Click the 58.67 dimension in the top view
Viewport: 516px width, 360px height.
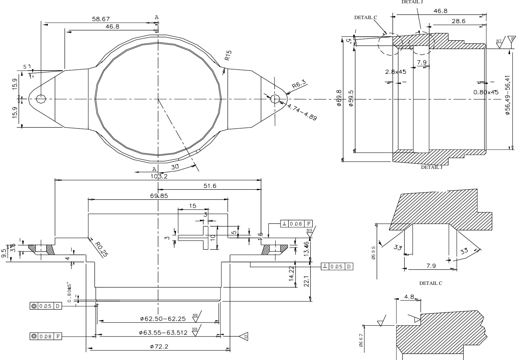101,19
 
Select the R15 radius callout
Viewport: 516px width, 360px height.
228,55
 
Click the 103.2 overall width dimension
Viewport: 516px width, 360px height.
159,176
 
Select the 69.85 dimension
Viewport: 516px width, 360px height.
159,196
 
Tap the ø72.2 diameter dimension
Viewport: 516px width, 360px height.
159,347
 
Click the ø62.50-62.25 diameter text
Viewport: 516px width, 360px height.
163,319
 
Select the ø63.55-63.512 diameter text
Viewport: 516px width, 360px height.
163,332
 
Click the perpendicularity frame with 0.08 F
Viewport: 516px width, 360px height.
296,224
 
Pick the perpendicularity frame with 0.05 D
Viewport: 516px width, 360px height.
337,266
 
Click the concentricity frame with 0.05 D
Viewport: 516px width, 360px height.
46,306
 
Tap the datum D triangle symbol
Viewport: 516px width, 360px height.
244,337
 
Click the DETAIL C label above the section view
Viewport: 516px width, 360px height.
365,17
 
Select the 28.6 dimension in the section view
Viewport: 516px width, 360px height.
458,21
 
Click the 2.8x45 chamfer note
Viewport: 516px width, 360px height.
395,72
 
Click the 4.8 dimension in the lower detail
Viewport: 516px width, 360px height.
409,297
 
